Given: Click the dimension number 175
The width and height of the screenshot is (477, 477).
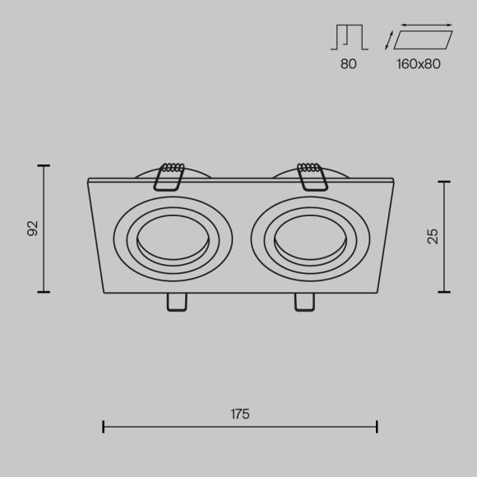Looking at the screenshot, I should click(x=239, y=414).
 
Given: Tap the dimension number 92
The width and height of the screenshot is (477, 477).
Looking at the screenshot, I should click(x=33, y=228).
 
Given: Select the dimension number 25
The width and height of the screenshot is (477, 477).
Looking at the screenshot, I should click(x=433, y=236).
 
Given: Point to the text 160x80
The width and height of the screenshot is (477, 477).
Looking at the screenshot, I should click(x=419, y=64).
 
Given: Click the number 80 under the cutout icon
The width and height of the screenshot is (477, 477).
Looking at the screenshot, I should click(x=349, y=64).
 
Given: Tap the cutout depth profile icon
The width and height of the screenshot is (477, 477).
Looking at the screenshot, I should click(x=349, y=37).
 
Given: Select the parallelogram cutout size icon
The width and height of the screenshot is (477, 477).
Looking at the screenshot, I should click(x=423, y=40).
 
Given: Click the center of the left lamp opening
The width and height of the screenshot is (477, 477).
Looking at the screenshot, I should click(x=172, y=239).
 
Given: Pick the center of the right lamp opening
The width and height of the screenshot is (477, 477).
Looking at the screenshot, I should click(x=309, y=239).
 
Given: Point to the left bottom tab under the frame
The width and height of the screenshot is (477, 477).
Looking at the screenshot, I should click(x=176, y=302).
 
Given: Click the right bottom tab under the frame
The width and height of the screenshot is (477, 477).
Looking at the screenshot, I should click(x=304, y=302).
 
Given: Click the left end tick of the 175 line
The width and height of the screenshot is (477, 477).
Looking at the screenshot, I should click(x=104, y=426).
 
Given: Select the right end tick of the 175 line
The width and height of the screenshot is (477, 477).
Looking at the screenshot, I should click(x=377, y=426).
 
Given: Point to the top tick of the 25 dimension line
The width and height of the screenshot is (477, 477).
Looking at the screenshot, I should click(x=444, y=182).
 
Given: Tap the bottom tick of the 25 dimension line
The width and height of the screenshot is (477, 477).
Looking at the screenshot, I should click(x=444, y=292).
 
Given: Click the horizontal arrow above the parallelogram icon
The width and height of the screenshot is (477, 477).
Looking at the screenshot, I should click(x=426, y=25).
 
